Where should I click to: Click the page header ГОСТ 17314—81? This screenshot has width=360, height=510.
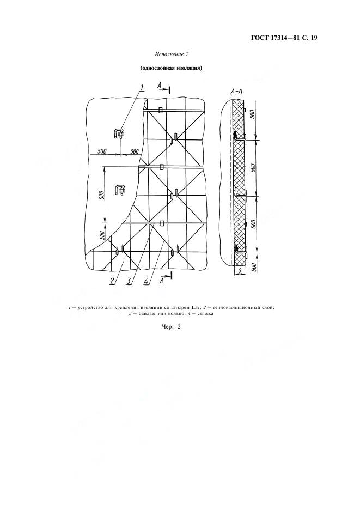pos(275,38)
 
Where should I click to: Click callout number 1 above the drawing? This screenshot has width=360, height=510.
pos(142,87)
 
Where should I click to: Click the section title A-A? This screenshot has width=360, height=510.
pos(236,92)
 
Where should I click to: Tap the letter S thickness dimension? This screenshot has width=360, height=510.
pos(240,271)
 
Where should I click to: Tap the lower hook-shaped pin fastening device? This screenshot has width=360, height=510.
pos(119,190)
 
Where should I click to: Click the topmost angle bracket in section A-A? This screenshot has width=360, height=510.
pos(240,137)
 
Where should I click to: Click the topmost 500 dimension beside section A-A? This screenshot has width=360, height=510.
pos(254,114)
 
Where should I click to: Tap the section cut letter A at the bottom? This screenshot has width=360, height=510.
pos(161,281)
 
